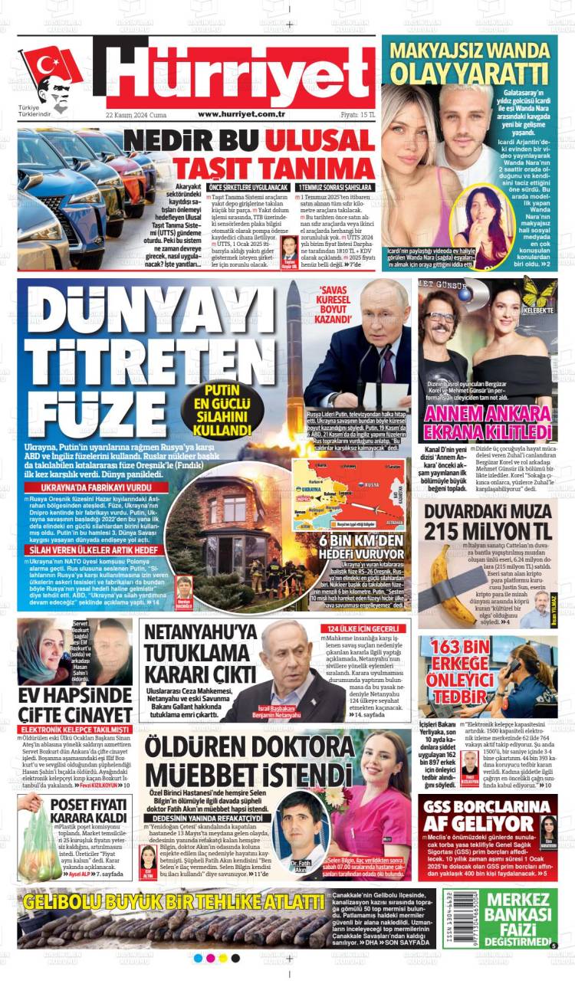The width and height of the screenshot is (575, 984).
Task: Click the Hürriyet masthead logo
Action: pos(240,74)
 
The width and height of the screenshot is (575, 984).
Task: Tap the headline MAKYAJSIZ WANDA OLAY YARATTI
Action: pos(469,62)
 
